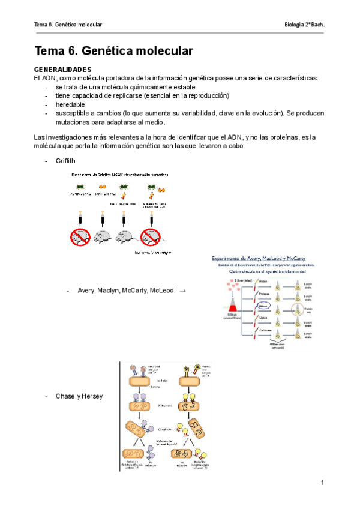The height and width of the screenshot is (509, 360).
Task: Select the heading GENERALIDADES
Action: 62,70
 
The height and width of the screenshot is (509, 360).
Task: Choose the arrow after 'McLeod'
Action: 182,291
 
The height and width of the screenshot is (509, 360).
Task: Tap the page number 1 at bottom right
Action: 322,483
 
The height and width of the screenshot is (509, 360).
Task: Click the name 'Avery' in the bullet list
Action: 87,291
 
